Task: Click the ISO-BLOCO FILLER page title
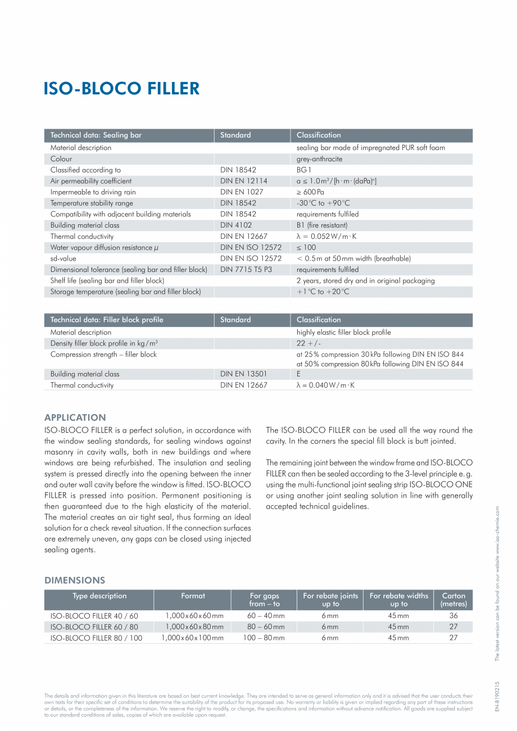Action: [121, 89]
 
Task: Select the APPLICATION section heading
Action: [75, 417]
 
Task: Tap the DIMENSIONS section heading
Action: [75, 580]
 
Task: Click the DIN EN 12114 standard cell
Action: [243, 181]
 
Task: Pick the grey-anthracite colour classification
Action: [319, 159]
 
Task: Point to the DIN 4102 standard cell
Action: [235, 225]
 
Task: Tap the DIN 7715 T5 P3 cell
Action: [246, 270]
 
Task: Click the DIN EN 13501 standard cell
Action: [243, 374]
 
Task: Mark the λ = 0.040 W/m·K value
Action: [326, 385]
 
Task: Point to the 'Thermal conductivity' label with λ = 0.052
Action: [82, 237]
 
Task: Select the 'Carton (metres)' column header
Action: [453, 600]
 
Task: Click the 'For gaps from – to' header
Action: [264, 600]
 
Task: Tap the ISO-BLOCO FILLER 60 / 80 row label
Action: [94, 626]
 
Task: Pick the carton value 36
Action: [453, 616]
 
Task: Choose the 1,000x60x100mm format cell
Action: [192, 638]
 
